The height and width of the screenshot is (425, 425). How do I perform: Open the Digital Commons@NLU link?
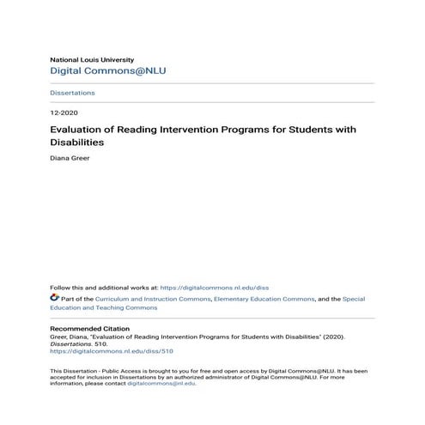(x=107, y=71)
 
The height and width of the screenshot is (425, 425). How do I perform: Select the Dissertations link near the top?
(x=72, y=93)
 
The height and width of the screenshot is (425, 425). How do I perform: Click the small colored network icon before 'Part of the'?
(x=55, y=299)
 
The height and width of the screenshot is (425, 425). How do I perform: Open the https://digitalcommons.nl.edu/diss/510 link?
(x=100, y=352)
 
